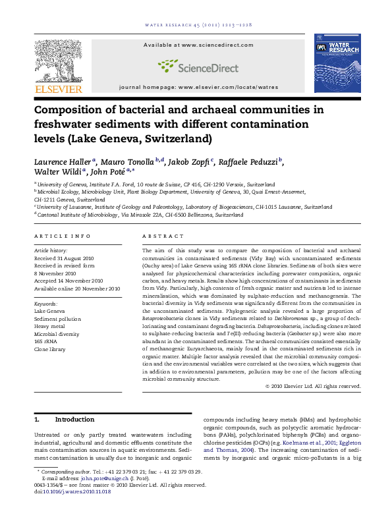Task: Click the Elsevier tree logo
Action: (59, 59)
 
